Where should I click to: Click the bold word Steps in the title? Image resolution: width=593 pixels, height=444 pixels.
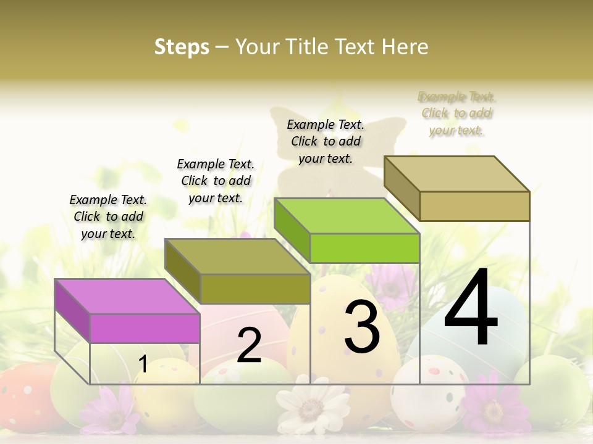click(182, 47)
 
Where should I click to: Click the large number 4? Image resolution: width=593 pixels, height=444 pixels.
click(471, 308)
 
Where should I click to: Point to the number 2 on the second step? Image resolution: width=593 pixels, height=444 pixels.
click(249, 345)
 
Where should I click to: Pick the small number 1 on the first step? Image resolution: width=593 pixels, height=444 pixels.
click(143, 364)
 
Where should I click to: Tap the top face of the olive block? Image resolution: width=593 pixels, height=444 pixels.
click(237, 256)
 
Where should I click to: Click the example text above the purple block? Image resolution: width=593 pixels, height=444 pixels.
click(108, 216)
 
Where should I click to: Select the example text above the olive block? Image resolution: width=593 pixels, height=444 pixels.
click(216, 181)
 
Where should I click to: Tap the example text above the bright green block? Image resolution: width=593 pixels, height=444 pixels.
click(326, 141)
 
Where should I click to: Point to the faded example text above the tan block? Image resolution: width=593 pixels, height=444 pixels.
click(456, 113)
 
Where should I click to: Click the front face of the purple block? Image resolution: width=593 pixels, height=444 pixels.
click(145, 328)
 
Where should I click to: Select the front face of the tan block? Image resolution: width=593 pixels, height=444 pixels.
click(474, 206)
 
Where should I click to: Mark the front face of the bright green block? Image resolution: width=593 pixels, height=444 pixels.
click(364, 248)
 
